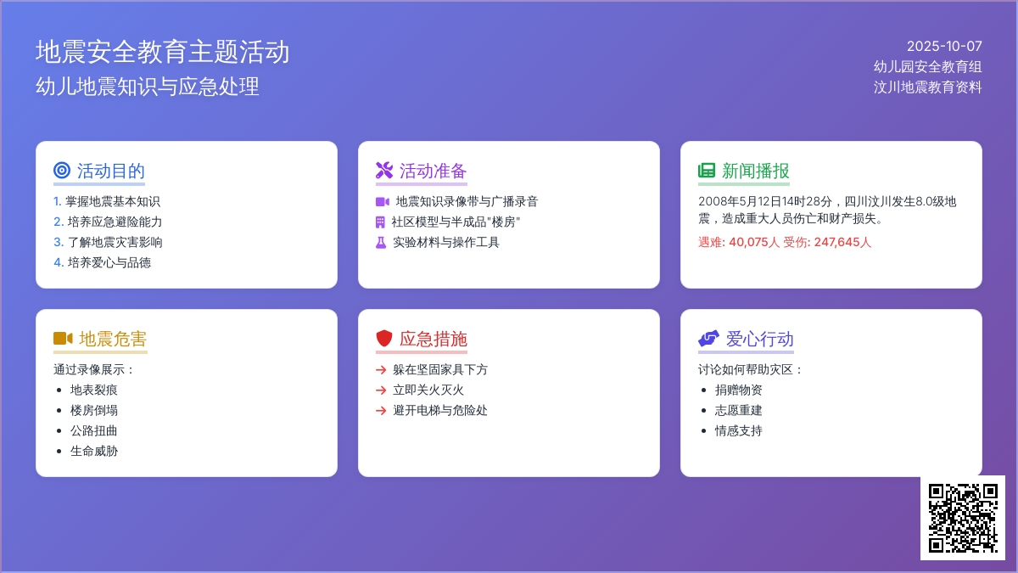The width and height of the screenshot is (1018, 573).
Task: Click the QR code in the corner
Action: click(x=963, y=518)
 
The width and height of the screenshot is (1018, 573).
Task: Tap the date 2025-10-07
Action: click(x=944, y=47)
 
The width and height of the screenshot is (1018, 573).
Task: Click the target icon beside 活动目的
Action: click(x=62, y=171)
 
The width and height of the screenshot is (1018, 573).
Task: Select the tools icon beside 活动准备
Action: click(x=384, y=171)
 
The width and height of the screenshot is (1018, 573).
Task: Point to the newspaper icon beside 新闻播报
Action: click(x=707, y=171)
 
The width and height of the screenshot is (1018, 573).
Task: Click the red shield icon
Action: click(x=384, y=339)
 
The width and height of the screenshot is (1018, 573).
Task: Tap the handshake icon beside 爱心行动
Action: click(x=708, y=339)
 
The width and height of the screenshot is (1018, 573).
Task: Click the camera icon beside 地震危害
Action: click(x=63, y=339)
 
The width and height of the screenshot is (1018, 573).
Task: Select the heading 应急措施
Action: click(x=433, y=340)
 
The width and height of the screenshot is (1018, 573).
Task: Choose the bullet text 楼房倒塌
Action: click(x=94, y=410)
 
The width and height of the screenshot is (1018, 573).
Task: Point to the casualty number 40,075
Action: click(x=748, y=243)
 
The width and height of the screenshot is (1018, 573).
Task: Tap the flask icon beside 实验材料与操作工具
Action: click(x=381, y=243)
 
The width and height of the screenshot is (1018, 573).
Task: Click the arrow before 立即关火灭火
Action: click(x=381, y=390)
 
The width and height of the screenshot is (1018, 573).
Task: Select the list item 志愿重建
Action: click(x=739, y=410)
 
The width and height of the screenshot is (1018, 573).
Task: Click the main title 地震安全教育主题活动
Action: click(x=162, y=52)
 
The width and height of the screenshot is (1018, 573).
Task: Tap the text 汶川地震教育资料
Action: click(x=927, y=87)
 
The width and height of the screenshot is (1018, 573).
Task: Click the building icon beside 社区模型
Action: click(x=380, y=222)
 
